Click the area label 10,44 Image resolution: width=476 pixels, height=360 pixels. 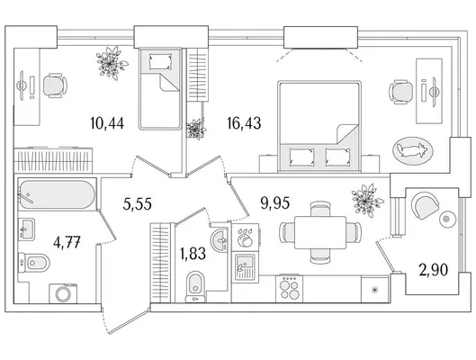(107, 123)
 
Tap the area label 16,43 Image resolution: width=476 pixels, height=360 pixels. (244, 123)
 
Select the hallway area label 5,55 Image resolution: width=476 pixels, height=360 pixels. (137, 203)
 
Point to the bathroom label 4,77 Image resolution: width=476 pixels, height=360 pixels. (67, 243)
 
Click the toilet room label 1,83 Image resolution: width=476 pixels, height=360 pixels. (193, 254)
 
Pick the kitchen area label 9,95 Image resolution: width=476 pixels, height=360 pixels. (275, 202)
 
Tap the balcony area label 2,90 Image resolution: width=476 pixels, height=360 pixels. (434, 270)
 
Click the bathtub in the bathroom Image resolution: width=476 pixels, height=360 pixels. (57, 194)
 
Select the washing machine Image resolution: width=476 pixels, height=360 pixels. (63, 293)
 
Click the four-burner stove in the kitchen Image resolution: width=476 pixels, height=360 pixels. (290, 289)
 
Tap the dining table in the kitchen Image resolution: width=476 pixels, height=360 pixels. (320, 232)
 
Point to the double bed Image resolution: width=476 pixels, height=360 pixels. (319, 127)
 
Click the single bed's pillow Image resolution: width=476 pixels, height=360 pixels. (160, 62)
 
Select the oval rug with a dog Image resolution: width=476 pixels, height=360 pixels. (412, 150)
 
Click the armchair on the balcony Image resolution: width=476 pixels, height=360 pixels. (425, 205)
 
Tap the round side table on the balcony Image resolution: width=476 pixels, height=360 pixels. (448, 218)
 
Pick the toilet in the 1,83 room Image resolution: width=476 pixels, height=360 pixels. (195, 286)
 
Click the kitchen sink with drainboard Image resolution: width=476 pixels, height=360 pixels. (245, 267)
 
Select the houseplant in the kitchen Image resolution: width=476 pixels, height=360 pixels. (367, 201)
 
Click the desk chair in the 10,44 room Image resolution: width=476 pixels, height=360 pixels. (55, 85)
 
